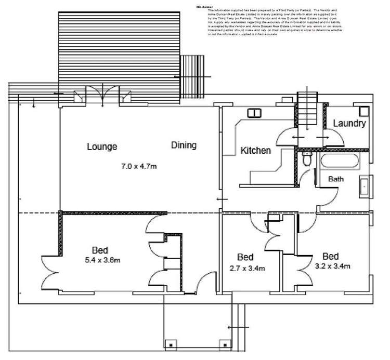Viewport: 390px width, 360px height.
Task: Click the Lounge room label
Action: point(102,146)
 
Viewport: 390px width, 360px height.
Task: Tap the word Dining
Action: point(184,145)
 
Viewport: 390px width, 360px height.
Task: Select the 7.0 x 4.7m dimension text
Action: point(139,167)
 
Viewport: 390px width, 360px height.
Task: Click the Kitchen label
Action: point(255,151)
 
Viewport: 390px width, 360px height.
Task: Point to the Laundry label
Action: point(349,124)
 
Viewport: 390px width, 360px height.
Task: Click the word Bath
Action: point(336,179)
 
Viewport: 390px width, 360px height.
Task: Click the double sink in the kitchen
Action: point(254,113)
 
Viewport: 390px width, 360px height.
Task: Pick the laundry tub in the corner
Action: point(364,110)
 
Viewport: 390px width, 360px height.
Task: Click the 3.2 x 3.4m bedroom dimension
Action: point(332,266)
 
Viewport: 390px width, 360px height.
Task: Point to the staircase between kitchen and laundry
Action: point(306,109)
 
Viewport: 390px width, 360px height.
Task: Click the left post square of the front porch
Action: point(168,343)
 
